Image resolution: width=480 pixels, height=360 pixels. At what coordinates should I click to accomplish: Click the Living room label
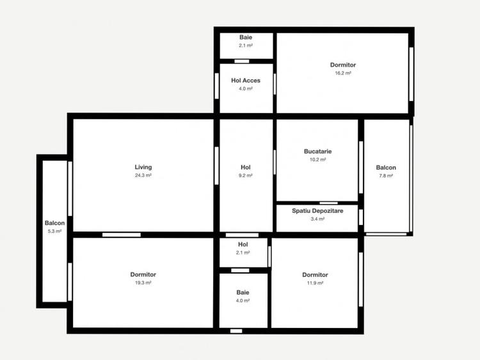tap(143, 168)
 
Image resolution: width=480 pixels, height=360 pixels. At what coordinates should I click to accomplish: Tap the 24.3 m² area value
tap(143, 175)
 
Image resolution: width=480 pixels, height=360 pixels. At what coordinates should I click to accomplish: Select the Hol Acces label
tap(246, 81)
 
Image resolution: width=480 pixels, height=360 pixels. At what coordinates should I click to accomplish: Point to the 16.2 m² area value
tap(343, 73)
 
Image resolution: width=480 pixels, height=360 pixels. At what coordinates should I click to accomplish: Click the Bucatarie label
tap(317, 152)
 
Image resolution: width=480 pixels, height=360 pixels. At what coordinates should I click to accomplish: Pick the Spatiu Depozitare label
tap(317, 211)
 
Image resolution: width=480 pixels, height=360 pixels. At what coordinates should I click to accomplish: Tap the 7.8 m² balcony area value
tap(386, 176)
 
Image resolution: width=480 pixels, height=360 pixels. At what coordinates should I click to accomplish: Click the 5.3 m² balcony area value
tap(54, 231)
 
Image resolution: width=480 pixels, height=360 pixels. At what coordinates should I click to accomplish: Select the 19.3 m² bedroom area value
tap(143, 283)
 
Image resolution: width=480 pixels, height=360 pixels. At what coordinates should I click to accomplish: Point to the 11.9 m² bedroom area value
tap(315, 283)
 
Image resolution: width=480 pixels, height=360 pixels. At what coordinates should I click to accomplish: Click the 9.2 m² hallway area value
tap(246, 175)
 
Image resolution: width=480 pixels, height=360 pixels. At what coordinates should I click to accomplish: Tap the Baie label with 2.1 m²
tap(246, 38)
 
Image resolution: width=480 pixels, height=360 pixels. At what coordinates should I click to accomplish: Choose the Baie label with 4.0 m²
tap(243, 292)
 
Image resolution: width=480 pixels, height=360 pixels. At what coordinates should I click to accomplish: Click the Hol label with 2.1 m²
tap(243, 244)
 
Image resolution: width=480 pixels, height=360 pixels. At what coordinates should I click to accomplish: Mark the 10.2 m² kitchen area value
tap(317, 159)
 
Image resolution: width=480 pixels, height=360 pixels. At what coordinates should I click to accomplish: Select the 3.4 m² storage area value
tap(317, 219)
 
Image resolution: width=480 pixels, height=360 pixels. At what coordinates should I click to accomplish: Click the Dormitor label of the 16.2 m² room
tap(343, 65)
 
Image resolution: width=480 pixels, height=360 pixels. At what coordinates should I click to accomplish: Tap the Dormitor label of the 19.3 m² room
tap(143, 275)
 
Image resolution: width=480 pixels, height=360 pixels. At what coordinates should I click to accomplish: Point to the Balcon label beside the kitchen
tap(386, 168)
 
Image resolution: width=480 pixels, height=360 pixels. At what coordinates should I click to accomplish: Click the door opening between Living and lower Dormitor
tap(122, 235)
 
